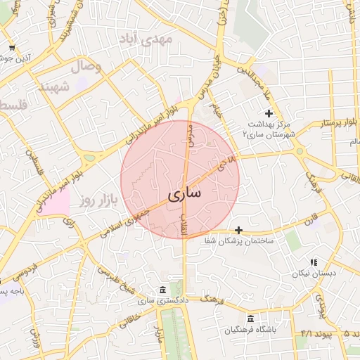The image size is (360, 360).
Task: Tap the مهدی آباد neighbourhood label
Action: pos(167,39)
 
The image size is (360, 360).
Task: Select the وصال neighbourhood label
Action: pos(86,67)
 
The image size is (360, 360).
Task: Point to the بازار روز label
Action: pos(96,201)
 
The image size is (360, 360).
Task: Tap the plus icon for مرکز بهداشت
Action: pos(268,113)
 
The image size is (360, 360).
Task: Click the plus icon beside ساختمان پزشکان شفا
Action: pos(239,230)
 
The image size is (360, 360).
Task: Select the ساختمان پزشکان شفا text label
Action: pos(276,241)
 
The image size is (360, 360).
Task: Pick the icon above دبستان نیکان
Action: pos(314,262)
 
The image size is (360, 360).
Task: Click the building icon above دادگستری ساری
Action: pos(163,290)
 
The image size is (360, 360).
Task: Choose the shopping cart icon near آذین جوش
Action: pos(12,48)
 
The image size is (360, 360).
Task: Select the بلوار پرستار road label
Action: pos(327,124)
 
